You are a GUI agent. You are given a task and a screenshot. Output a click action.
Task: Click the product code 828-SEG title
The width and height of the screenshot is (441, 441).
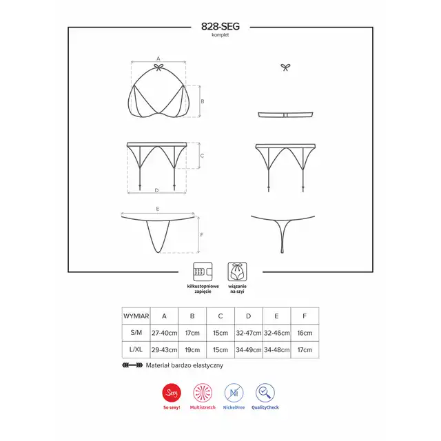coord(220,26)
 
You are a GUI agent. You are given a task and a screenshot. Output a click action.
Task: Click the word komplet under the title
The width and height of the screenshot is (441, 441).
coord(220,35)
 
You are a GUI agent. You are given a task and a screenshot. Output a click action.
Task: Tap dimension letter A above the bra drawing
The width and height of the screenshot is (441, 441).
coord(158,59)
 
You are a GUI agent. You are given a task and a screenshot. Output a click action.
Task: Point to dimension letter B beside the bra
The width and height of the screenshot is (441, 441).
coord(203,101)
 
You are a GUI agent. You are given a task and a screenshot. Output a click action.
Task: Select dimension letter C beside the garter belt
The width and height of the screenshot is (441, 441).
coord(202,156)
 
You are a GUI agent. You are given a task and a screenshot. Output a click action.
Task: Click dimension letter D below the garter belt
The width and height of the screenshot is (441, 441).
coord(156,190)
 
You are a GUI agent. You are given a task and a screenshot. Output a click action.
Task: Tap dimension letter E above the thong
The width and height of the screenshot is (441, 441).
coord(158,209)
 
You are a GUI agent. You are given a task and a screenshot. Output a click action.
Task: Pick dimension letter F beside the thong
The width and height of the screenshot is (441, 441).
coord(202,235)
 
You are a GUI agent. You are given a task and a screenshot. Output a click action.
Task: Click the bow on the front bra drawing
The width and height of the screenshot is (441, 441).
coord(158,68)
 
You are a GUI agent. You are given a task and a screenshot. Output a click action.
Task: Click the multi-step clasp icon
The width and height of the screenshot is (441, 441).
coord(203,271)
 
